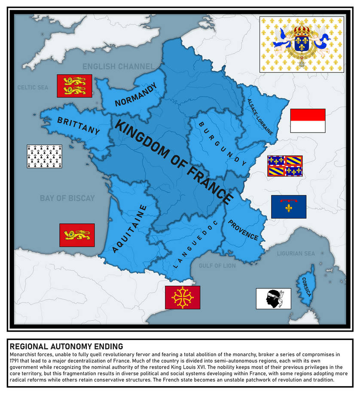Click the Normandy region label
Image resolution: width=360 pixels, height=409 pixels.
pyautogui.click(x=136, y=95)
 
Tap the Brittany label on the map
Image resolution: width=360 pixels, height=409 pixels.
pyautogui.click(x=78, y=126)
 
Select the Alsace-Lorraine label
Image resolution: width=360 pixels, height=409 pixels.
pyautogui.click(x=260, y=117)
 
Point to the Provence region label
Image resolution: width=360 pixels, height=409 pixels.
pyautogui.click(x=243, y=230)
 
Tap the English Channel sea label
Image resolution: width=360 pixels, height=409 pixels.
pyautogui.click(x=118, y=67)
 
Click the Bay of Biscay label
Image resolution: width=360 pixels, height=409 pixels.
pyautogui.click(x=67, y=198)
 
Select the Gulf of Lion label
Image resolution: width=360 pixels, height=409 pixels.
pyautogui.click(x=217, y=266)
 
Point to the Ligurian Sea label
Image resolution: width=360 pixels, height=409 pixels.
pyautogui.click(x=296, y=253)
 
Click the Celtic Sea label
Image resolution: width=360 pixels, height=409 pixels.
pyautogui.click(x=33, y=88)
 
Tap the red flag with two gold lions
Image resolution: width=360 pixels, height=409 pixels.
pyautogui.click(x=74, y=86)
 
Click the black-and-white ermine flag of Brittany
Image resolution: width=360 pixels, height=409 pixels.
pyautogui.click(x=45, y=156)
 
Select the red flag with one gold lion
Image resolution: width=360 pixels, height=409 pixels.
pyautogui.click(x=77, y=235)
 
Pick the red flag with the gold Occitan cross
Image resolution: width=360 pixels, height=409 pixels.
pyautogui.click(x=183, y=297)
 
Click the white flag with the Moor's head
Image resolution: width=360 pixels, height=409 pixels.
pyautogui.click(x=273, y=298)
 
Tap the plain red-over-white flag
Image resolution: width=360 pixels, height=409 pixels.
pyautogui.click(x=308, y=121)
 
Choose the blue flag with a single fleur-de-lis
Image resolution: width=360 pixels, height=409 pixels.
pyautogui.click(x=288, y=206)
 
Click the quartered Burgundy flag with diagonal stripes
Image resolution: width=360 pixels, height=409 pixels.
pyautogui.click(x=285, y=166)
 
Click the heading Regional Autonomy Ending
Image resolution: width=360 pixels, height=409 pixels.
pyautogui.click(x=66, y=346)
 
